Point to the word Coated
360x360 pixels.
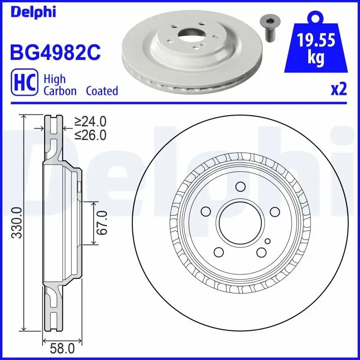coord(102,91)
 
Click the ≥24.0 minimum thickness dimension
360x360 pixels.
coord(90,121)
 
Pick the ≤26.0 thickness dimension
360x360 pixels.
coord(90,135)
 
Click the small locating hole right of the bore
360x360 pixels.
coord(267,242)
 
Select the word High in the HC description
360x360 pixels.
coord(54,79)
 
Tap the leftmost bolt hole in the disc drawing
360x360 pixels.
coord(206,211)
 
